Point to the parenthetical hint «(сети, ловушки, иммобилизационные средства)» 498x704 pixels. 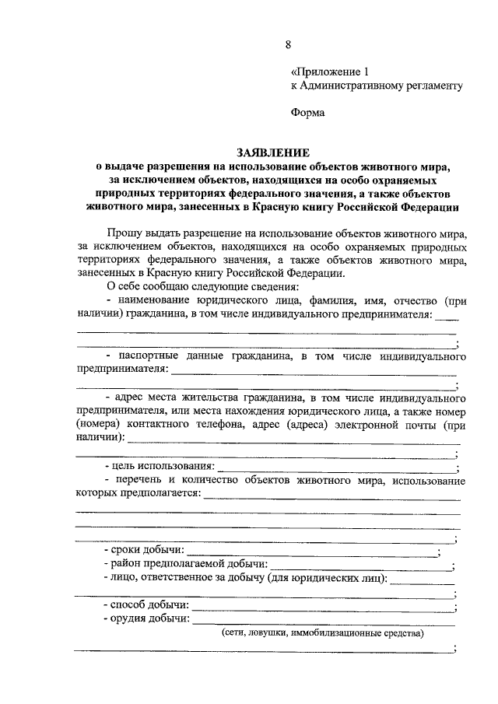click(322, 633)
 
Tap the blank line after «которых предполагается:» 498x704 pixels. click(331, 497)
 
